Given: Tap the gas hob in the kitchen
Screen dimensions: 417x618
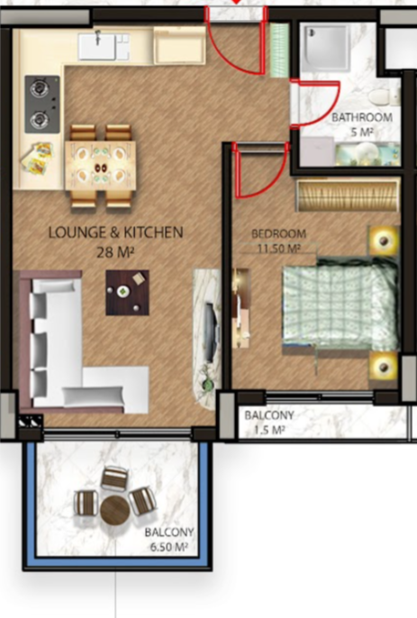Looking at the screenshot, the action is pos(42,105).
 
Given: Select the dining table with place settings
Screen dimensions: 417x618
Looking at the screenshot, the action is pos(101,166).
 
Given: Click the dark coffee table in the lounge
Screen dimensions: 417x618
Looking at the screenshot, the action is pos(127,293).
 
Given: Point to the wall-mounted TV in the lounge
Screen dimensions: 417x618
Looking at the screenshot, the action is pos(211,332).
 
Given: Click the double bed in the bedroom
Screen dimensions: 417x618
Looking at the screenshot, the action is pos(340,304).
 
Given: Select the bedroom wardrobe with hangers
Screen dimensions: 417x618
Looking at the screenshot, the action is pos(348,195).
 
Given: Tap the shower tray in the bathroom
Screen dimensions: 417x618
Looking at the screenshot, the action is pos(325,47).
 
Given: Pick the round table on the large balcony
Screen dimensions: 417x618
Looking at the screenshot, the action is pos(115,510).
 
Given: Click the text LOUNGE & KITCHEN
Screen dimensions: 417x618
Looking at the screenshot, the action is pos(115,232).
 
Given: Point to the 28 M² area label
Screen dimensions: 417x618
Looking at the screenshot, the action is pos(115,252).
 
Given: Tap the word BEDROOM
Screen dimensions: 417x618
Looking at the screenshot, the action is pos(278,233).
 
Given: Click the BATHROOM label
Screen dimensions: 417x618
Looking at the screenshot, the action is pos(362,117).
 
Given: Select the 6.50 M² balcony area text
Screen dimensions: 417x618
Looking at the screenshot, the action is pos(168,547).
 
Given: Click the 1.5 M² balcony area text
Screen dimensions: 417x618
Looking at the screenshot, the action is pos(269,430).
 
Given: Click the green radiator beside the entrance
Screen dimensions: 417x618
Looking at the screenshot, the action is pos(279,50).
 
